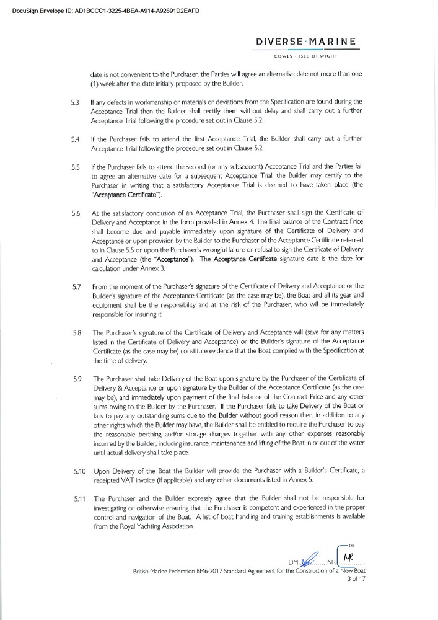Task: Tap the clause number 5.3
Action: coord(75,100)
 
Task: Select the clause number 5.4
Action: coord(75,139)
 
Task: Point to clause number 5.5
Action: coord(75,167)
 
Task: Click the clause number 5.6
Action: coord(75,215)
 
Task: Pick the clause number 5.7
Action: coord(75,286)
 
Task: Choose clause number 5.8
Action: coord(75,332)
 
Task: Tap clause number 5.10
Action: coord(77,471)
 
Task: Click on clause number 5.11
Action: coord(77,500)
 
